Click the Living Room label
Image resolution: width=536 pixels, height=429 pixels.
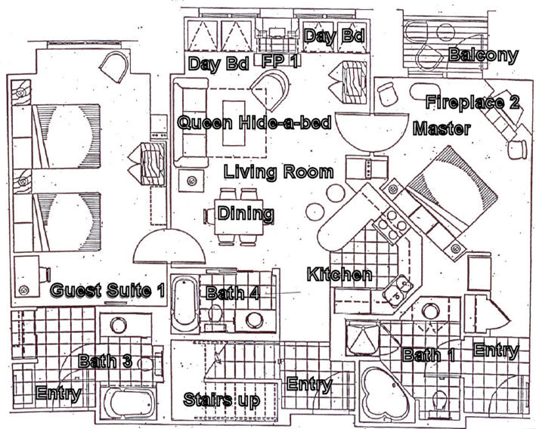point(279,171)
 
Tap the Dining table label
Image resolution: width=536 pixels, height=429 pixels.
point(246,214)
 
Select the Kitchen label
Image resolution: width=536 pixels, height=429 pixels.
point(339,274)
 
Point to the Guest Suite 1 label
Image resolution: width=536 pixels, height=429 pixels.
point(107,290)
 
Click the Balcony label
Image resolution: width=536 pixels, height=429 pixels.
point(483,55)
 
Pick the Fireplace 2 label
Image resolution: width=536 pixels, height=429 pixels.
point(472,102)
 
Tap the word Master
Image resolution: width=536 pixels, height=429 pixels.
point(442,128)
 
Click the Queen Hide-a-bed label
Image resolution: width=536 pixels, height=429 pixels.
point(255,122)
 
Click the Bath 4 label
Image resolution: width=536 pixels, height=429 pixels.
point(232,293)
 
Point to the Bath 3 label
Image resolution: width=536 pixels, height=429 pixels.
point(105,361)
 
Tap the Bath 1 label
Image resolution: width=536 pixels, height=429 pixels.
point(429,355)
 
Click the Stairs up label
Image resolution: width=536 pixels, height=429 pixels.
point(222,400)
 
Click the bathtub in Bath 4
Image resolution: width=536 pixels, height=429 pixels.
point(185,304)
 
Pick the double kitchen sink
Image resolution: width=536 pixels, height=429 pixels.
point(399,289)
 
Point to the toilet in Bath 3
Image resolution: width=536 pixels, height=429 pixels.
point(147,363)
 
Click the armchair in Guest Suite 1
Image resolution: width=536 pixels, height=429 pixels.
point(114,67)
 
